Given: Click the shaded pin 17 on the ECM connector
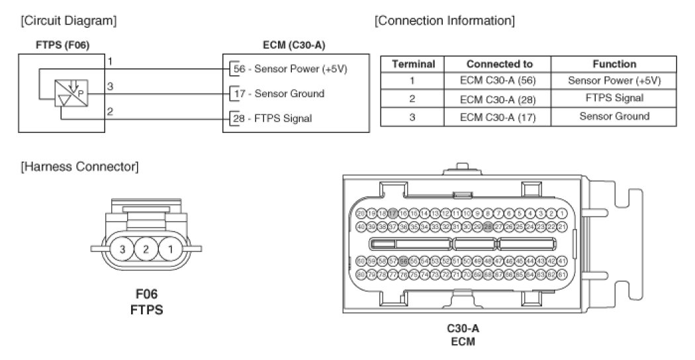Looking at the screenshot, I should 393,214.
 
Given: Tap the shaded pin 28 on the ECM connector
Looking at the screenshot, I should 488,226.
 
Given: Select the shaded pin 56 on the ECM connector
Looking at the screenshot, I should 403,261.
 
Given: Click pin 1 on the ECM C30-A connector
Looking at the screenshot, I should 562,214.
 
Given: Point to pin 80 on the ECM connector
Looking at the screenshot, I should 361,273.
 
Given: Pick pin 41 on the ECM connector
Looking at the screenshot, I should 562,261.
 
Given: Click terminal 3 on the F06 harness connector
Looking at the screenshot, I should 122,249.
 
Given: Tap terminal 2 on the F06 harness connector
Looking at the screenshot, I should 146,249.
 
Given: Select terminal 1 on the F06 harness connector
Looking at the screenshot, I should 170,249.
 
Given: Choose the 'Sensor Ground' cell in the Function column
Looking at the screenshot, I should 614,116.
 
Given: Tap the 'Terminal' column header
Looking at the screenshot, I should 413,64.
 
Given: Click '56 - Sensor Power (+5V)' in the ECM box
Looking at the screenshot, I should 291,68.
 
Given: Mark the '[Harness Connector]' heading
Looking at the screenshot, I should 80,167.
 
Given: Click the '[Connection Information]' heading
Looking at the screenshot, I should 444,21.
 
